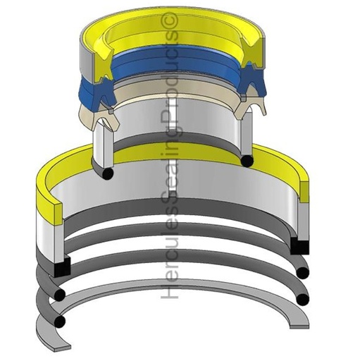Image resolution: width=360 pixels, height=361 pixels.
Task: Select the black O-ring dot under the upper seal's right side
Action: (x=247, y=161)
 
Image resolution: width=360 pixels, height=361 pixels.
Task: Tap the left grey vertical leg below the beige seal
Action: (x=101, y=145)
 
